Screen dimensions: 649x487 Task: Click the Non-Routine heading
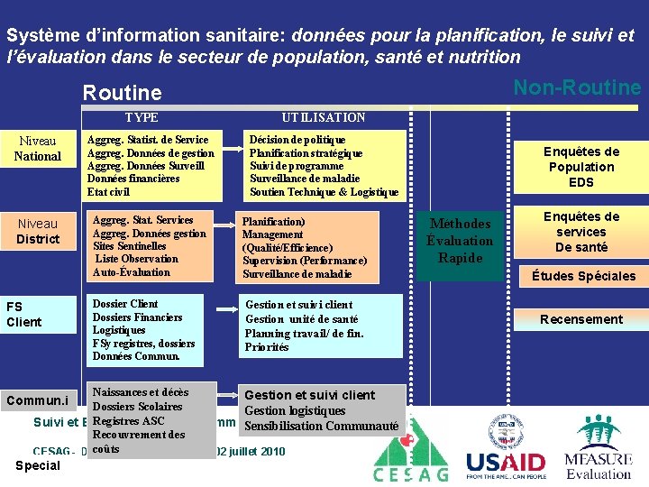577,87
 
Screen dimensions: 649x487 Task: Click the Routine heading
122,93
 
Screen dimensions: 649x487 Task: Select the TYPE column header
142,118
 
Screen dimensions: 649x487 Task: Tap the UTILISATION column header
324,118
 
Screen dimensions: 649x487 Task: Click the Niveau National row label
38,149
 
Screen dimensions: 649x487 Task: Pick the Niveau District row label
38,231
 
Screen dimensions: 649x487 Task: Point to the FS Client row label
24,314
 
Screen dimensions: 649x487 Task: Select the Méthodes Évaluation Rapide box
460,241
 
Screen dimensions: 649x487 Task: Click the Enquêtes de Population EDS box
580,167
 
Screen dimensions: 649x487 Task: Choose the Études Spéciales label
583,276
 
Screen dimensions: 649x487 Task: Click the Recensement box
580,319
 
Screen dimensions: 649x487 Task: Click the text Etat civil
109,192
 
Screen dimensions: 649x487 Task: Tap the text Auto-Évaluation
132,272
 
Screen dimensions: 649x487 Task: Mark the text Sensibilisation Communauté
322,426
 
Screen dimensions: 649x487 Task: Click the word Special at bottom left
38,465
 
